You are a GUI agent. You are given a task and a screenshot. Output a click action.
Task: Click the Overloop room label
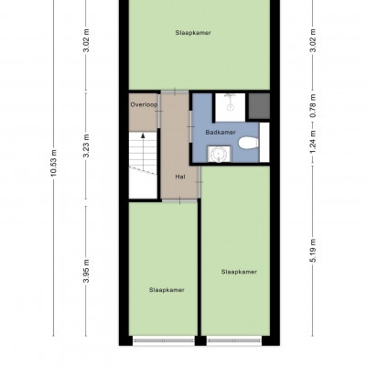[x=144, y=104]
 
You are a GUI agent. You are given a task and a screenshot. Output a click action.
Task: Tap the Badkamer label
[x=221, y=133]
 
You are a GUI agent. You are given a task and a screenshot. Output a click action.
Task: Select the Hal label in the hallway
[x=180, y=177]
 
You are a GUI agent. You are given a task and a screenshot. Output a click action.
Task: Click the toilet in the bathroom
[x=249, y=143]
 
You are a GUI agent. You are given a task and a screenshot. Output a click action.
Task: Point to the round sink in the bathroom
[x=220, y=154]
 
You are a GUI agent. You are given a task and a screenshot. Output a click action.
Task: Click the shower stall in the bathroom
[x=231, y=107]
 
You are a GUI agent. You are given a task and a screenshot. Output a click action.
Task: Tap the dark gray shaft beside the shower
[x=259, y=106]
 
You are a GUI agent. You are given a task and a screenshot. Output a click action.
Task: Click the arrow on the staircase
[x=143, y=152]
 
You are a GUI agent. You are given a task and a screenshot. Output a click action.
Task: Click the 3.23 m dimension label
[x=87, y=145]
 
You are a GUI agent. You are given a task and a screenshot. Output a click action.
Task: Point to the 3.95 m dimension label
[x=87, y=271]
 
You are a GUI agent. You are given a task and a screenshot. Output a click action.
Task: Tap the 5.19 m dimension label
[x=313, y=251]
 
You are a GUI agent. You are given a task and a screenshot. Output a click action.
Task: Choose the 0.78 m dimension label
[x=313, y=106]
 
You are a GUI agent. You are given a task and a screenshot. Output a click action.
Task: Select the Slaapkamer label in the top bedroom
[x=193, y=33]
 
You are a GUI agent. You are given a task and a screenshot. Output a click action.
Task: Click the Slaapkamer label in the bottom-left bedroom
[x=167, y=290]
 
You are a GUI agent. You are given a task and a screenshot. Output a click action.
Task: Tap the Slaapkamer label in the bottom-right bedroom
[x=239, y=272]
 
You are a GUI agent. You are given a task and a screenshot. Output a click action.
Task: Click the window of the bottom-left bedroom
[x=164, y=340]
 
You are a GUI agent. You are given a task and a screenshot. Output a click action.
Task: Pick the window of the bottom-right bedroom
[x=234, y=340]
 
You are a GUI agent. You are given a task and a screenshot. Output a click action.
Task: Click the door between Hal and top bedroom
[x=175, y=91]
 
